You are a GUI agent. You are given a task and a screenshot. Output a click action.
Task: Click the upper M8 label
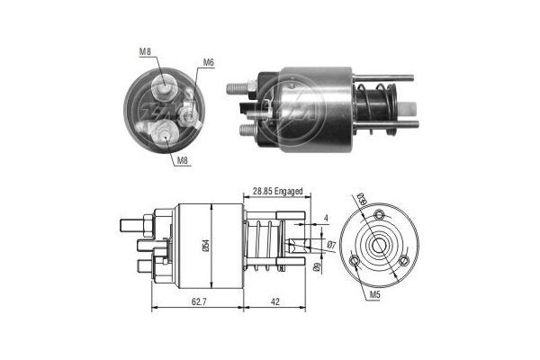(x=145, y=51)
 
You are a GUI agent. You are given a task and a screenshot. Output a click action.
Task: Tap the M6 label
(x=208, y=62)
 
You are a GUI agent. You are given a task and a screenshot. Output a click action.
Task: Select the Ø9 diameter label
(x=316, y=267)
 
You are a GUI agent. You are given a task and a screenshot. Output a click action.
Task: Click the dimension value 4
(x=326, y=218)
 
